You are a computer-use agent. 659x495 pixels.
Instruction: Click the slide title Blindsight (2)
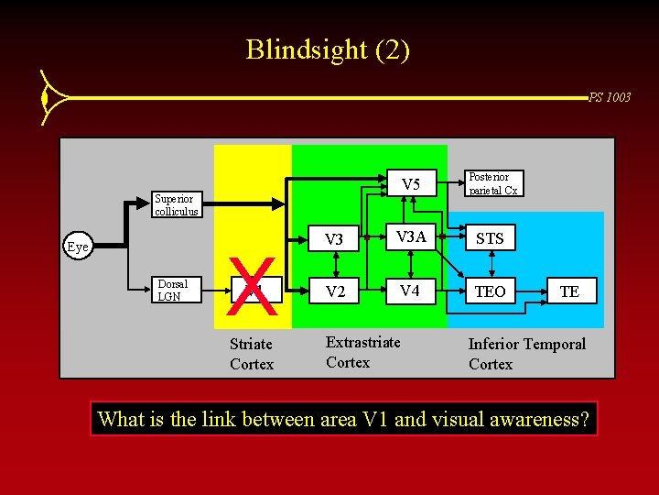[x=328, y=49]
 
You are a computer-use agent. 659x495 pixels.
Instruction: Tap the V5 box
[x=411, y=185]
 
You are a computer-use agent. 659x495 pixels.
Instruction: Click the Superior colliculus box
[x=174, y=203]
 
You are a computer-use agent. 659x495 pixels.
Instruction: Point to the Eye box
[x=78, y=246]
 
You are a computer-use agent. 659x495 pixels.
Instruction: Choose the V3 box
[x=335, y=239]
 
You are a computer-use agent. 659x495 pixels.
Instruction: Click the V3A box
[x=411, y=237]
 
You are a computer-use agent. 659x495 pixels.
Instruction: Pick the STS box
[x=491, y=238]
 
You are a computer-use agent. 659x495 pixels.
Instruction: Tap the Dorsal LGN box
[x=174, y=290]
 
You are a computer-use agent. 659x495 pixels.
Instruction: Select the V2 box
[x=335, y=291]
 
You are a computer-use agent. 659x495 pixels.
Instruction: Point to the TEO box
[x=491, y=291]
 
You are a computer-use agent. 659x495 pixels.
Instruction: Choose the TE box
[x=569, y=291]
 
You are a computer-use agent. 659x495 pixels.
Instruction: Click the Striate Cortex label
[x=252, y=354]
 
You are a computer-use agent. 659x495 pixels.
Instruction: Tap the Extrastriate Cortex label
[x=363, y=352]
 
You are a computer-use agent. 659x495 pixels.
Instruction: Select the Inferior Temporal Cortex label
[x=526, y=354]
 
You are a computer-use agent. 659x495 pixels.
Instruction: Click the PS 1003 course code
[x=609, y=97]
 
